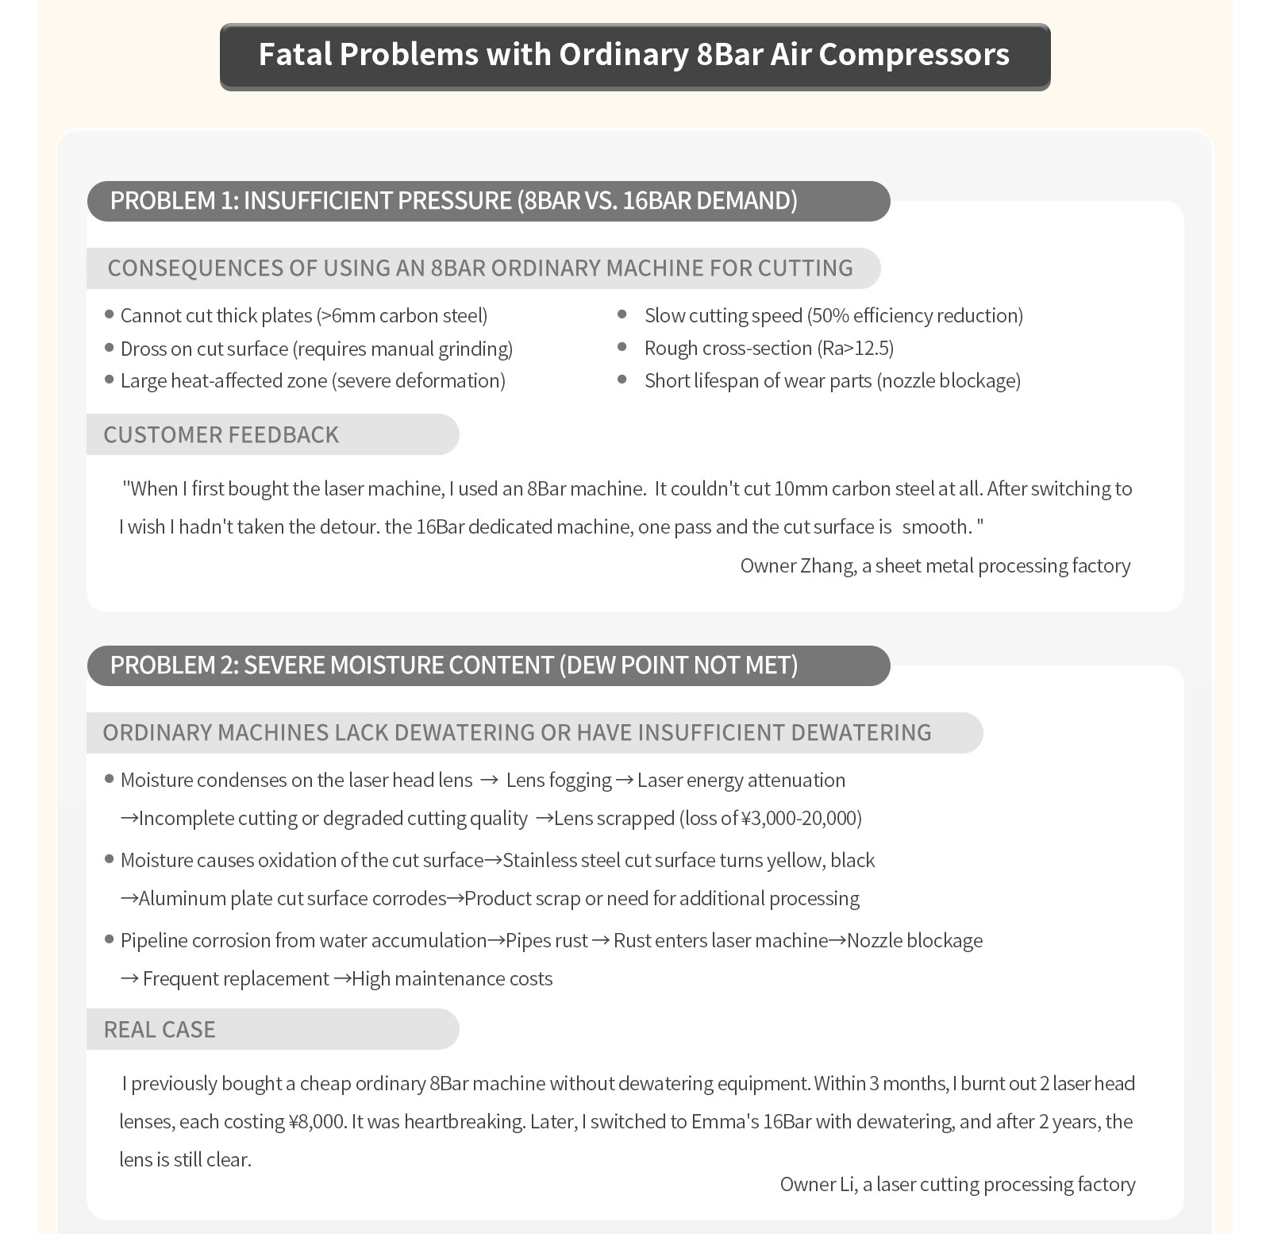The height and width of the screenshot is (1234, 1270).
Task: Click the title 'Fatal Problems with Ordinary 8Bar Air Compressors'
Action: click(634, 55)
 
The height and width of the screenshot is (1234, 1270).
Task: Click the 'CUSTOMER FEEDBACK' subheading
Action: click(221, 434)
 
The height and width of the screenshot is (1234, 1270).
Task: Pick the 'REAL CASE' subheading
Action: click(160, 1029)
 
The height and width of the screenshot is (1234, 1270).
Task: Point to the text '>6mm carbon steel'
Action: click(402, 315)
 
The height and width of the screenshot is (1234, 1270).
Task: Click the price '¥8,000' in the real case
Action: click(316, 1121)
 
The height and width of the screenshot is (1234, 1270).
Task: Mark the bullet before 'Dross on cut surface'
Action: click(110, 348)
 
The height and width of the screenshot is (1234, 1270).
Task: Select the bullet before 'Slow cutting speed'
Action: click(622, 315)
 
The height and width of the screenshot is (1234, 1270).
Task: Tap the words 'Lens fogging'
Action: click(559, 780)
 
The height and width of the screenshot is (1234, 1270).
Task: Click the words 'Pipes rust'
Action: click(547, 940)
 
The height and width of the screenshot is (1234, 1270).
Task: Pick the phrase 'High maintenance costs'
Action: click(452, 978)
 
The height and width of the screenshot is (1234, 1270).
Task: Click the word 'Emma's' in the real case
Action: click(725, 1121)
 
